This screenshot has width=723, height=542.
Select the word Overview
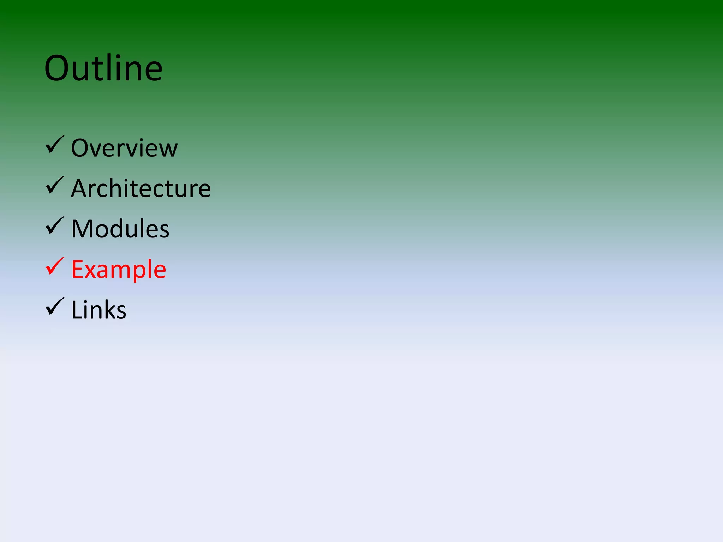(x=124, y=148)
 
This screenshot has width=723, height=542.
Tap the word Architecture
(x=141, y=188)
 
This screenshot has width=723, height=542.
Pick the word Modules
(x=120, y=229)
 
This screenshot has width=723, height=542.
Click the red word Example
(x=119, y=270)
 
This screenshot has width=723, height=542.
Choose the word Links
(x=98, y=310)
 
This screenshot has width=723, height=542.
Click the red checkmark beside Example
(x=55, y=266)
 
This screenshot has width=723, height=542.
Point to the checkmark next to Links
(x=55, y=307)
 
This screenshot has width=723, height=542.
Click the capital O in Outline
(x=58, y=68)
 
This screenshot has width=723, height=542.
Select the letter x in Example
(x=93, y=271)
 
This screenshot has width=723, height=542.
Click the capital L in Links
(x=76, y=310)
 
